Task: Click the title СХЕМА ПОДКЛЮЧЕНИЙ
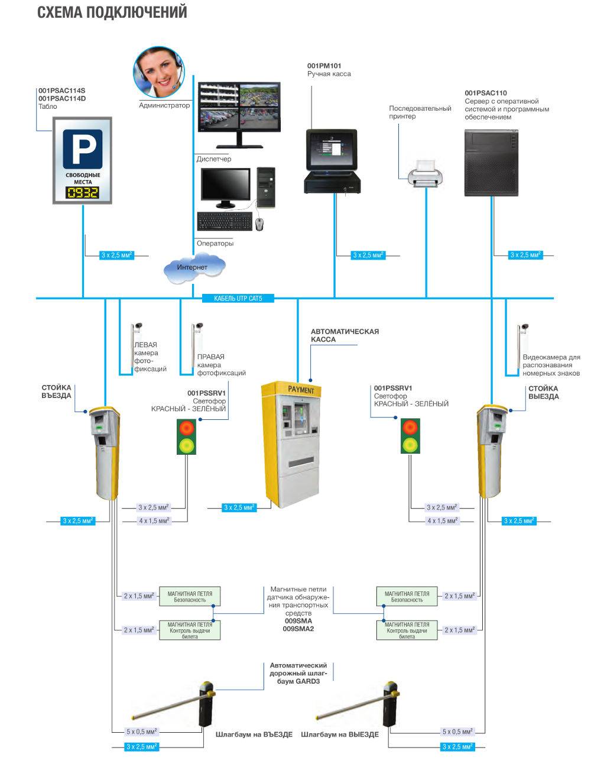point(112,12)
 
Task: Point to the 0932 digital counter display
point(82,193)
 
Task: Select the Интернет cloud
point(193,267)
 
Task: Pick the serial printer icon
point(425,174)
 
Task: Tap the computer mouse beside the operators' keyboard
point(259,223)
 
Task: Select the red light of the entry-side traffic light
point(186,428)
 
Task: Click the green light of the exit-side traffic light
point(408,444)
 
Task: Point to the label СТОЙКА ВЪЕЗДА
point(56,392)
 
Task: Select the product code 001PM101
point(324,65)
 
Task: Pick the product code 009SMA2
point(298,629)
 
